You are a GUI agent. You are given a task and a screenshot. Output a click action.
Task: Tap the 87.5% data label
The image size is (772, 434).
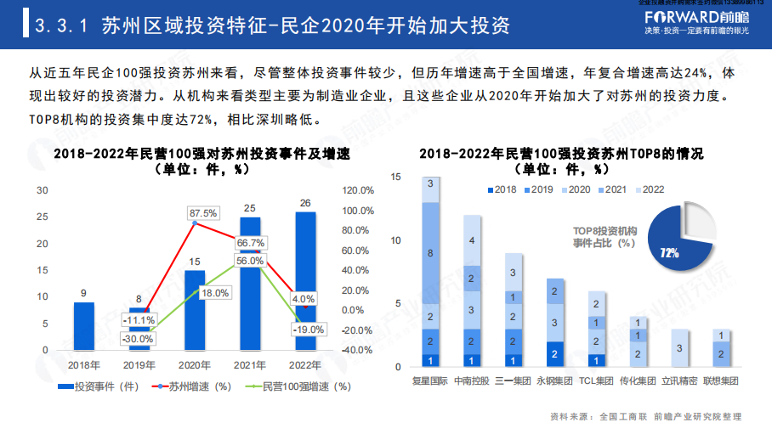tap(203, 212)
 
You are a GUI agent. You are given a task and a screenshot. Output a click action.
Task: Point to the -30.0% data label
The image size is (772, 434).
tap(137, 338)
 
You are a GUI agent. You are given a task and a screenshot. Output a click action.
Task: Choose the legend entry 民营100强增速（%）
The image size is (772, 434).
tap(301, 386)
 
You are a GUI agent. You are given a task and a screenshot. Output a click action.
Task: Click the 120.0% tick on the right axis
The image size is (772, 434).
tap(358, 190)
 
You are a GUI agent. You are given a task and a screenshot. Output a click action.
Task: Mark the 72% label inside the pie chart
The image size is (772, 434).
tap(669, 252)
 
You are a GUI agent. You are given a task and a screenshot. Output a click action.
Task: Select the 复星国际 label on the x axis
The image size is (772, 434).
tap(429, 381)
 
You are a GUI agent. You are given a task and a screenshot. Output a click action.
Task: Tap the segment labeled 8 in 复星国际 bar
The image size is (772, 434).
tap(430, 253)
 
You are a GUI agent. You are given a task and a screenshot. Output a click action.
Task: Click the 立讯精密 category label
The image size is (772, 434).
tap(680, 381)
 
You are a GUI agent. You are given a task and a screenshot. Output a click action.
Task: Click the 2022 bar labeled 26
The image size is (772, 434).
tap(305, 280)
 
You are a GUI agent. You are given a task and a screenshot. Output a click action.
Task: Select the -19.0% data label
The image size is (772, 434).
tap(308, 330)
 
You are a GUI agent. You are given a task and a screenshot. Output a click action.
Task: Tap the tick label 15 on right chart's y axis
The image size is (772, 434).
tap(395, 177)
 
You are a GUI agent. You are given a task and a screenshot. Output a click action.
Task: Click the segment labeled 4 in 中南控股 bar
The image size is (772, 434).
tap(472, 240)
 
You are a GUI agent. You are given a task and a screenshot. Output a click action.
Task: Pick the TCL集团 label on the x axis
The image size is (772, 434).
tap(597, 381)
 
